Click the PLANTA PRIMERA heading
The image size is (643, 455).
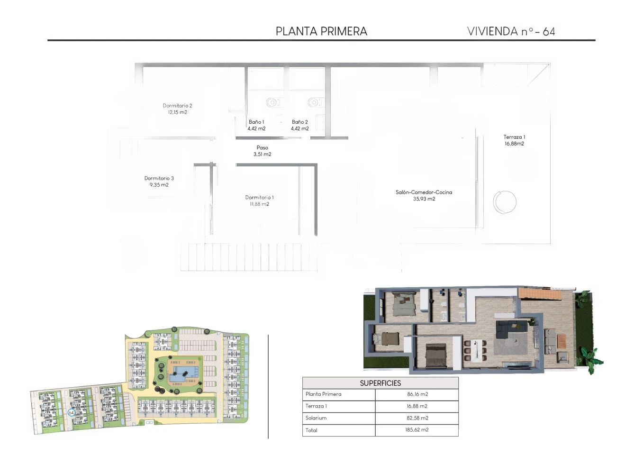(321, 31)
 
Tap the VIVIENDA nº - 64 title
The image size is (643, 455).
(511, 31)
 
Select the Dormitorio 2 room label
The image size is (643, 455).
(177, 106)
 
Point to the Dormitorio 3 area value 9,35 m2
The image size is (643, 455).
(159, 185)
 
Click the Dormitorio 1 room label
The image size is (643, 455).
(260, 198)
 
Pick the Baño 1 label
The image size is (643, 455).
(256, 122)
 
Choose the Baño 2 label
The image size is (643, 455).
(299, 122)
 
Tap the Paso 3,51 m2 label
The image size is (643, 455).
(263, 151)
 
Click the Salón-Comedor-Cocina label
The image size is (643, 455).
(424, 192)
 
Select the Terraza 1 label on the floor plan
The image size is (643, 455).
(514, 137)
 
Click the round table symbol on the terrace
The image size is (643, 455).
(505, 202)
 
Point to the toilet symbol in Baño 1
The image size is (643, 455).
(272, 102)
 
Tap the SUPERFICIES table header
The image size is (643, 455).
(380, 383)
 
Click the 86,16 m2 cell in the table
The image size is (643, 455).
(417, 394)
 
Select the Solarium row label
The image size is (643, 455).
(316, 418)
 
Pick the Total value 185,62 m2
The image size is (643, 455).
(417, 430)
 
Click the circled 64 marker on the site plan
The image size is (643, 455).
(71, 412)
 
